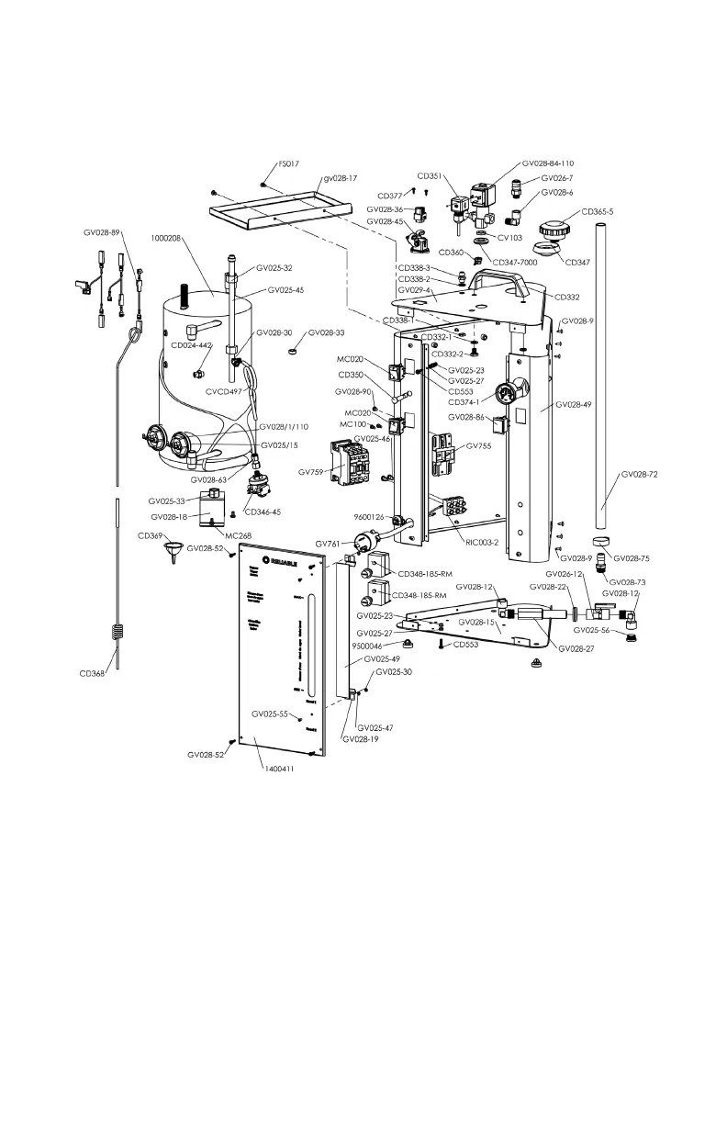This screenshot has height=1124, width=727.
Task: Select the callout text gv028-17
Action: pyautogui.click(x=339, y=179)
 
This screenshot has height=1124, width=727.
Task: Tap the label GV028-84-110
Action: pyautogui.click(x=548, y=163)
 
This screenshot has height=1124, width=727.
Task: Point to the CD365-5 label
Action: pyautogui.click(x=599, y=211)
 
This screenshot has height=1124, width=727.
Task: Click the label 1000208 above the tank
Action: pyautogui.click(x=169, y=237)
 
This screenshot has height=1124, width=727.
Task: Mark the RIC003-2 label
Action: pyautogui.click(x=483, y=542)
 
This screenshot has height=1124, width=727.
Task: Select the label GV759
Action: pyautogui.click(x=312, y=472)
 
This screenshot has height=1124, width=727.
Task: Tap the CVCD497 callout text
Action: pyautogui.click(x=225, y=391)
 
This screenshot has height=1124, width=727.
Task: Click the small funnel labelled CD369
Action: pyautogui.click(x=170, y=553)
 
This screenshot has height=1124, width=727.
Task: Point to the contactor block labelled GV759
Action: pyautogui.click(x=350, y=460)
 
